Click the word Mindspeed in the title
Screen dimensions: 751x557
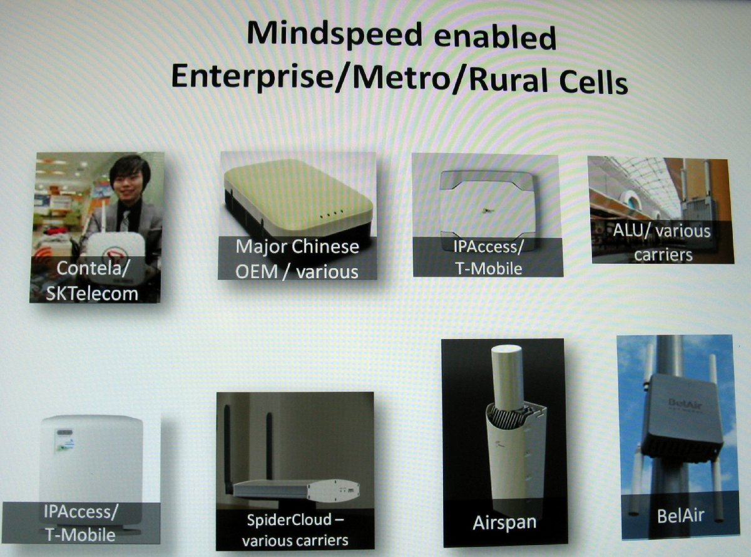pos(334,34)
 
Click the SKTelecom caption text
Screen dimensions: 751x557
pos(92,294)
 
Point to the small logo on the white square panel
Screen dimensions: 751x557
pos(487,211)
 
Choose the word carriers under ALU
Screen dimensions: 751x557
pos(663,254)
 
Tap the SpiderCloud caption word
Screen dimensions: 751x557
pos(289,519)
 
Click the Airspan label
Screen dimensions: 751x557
pos(504,523)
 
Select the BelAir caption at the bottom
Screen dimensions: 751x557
pos(680,516)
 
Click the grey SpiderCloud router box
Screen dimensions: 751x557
pos(297,490)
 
